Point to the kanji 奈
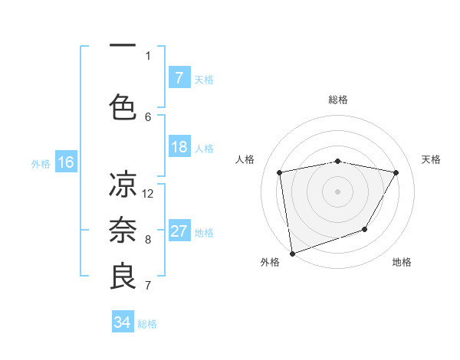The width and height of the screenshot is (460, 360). pyautogui.click(x=123, y=231)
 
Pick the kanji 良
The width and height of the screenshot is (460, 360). pyautogui.click(x=123, y=277)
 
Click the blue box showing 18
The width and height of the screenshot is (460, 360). pyautogui.click(x=179, y=147)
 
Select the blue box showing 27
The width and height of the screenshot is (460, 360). pyautogui.click(x=179, y=231)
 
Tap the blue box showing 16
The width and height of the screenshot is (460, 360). pyautogui.click(x=66, y=162)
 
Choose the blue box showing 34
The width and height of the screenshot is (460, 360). pyautogui.click(x=123, y=322)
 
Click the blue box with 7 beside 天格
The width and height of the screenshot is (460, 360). pyautogui.click(x=179, y=78)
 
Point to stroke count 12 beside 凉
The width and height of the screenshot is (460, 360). pyautogui.click(x=149, y=193)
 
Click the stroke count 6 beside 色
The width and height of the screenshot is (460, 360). pyautogui.click(x=148, y=116)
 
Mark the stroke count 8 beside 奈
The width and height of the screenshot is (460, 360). pyautogui.click(x=148, y=239)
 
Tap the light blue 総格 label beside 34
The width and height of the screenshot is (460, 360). pyautogui.click(x=147, y=324)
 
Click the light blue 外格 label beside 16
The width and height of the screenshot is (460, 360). pyautogui.click(x=41, y=163)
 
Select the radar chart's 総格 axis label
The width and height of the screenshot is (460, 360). pyautogui.click(x=338, y=100)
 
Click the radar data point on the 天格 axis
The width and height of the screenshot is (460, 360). pyautogui.click(x=396, y=172)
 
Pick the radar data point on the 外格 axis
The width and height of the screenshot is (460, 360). pyautogui.click(x=292, y=253)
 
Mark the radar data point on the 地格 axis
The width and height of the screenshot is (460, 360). pyautogui.click(x=366, y=229)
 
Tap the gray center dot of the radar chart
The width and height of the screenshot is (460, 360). pyautogui.click(x=338, y=191)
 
